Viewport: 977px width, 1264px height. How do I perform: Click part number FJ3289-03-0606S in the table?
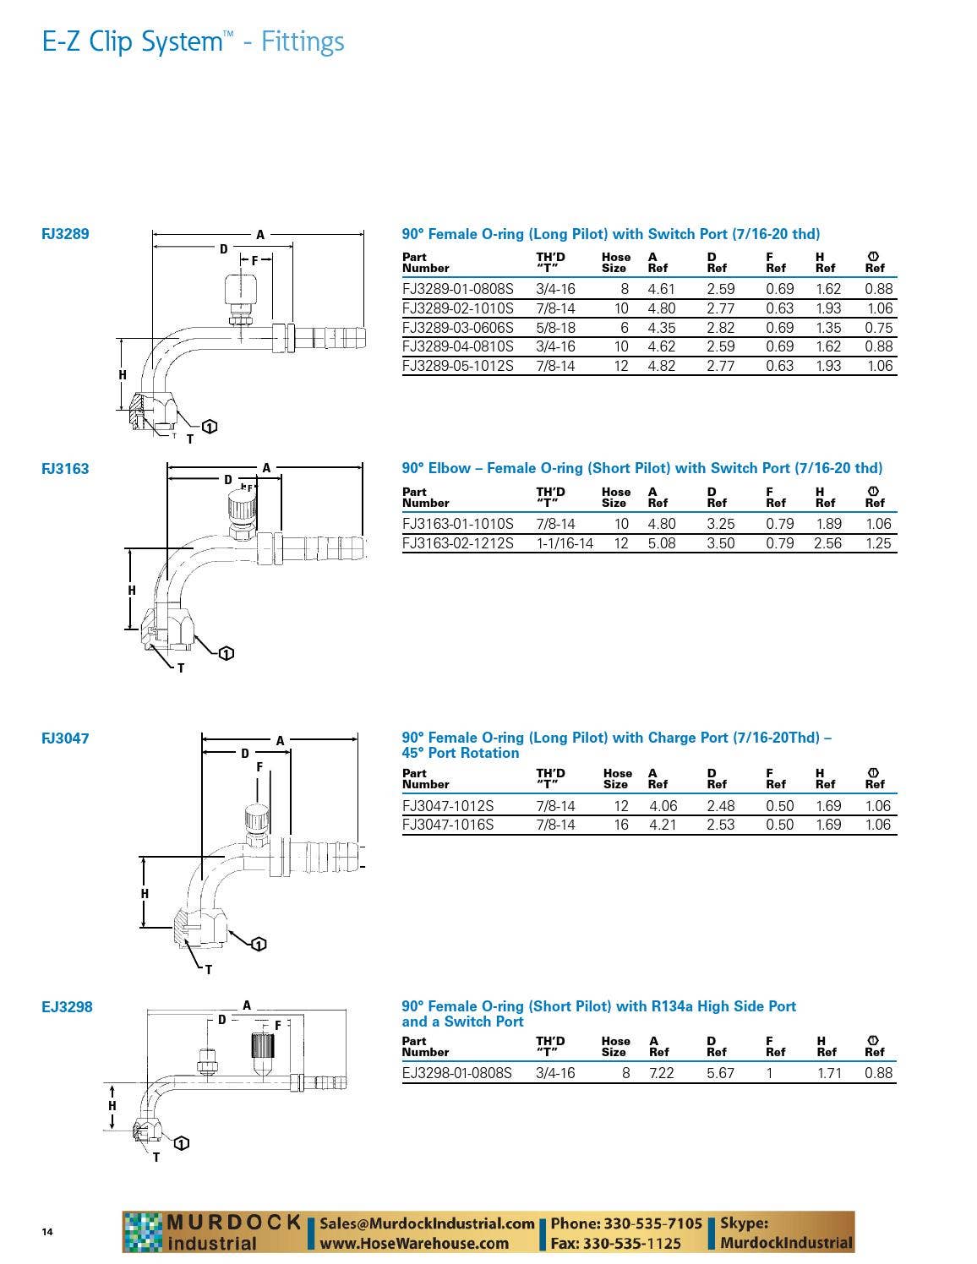[x=457, y=328]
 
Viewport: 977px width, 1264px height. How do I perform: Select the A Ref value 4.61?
[x=661, y=289]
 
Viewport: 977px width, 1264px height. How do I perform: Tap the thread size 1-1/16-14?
[x=565, y=543]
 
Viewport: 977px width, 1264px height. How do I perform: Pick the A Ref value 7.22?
[x=661, y=1073]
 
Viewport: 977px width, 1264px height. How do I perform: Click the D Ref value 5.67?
[x=720, y=1073]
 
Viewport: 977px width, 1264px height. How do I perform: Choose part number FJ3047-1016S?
[x=448, y=825]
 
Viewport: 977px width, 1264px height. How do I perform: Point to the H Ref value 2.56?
[x=827, y=543]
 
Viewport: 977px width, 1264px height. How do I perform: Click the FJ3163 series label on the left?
[x=65, y=469]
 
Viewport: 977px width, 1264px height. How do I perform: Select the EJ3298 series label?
[x=67, y=1007]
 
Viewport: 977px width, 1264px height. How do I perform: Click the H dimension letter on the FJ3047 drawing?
[x=145, y=894]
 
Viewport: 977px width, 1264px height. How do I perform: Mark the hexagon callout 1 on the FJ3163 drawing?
[x=226, y=653]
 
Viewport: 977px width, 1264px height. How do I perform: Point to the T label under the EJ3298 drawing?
[x=156, y=1158]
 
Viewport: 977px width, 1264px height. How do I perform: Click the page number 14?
[x=47, y=1232]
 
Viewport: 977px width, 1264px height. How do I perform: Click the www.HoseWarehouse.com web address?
[x=414, y=1243]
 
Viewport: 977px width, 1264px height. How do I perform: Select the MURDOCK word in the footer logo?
[x=233, y=1222]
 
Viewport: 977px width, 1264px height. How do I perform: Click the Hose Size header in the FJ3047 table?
[x=617, y=778]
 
